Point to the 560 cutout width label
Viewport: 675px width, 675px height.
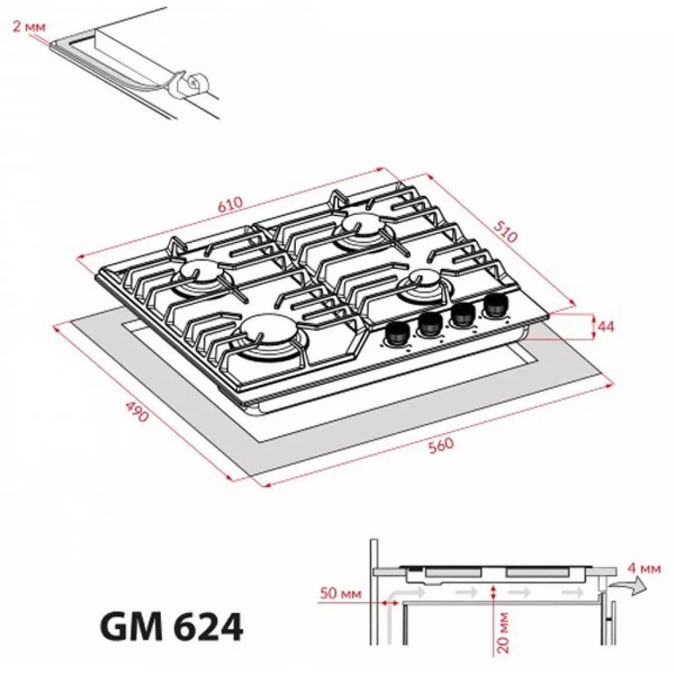441,445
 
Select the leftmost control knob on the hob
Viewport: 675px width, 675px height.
396,335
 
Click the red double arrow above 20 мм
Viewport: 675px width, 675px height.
494,593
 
